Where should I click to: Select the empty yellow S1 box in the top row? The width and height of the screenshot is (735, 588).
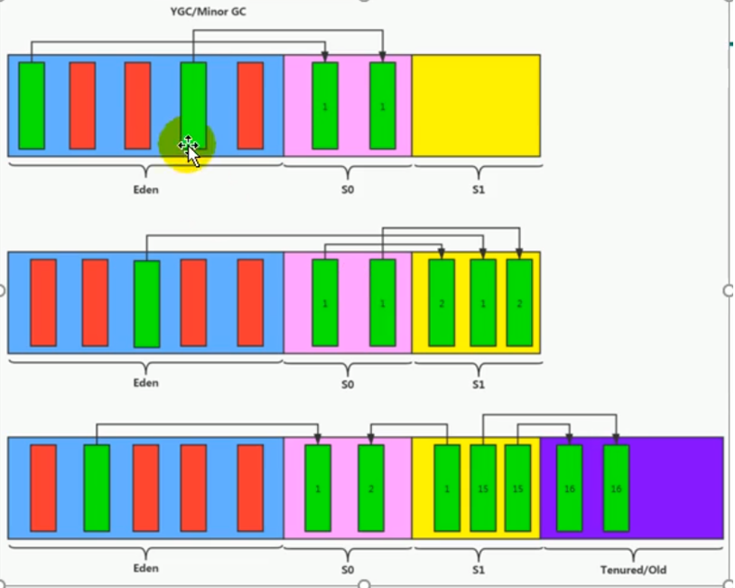(476, 105)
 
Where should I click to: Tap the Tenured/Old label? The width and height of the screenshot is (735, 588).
(633, 570)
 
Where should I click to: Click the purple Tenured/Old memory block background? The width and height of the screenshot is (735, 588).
(677, 488)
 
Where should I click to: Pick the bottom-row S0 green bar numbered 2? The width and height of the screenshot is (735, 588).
(371, 488)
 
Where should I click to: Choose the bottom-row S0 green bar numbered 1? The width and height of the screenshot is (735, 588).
(318, 488)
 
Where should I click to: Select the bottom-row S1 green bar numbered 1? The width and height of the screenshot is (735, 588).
(447, 488)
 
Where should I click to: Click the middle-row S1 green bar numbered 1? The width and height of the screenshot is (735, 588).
(483, 303)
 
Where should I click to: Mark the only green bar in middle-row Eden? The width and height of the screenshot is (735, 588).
(146, 303)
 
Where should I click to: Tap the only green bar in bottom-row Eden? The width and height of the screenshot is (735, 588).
(97, 488)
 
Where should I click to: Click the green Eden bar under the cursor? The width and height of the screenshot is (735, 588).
(193, 99)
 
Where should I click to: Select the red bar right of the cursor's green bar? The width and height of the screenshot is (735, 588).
(250, 105)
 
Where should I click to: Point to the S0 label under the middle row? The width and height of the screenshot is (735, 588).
(348, 384)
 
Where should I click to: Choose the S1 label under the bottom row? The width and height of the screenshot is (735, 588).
(478, 570)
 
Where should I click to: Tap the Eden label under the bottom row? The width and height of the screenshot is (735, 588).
(145, 568)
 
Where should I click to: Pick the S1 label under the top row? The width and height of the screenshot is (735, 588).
(478, 191)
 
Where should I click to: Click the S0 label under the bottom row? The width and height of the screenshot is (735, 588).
(348, 570)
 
